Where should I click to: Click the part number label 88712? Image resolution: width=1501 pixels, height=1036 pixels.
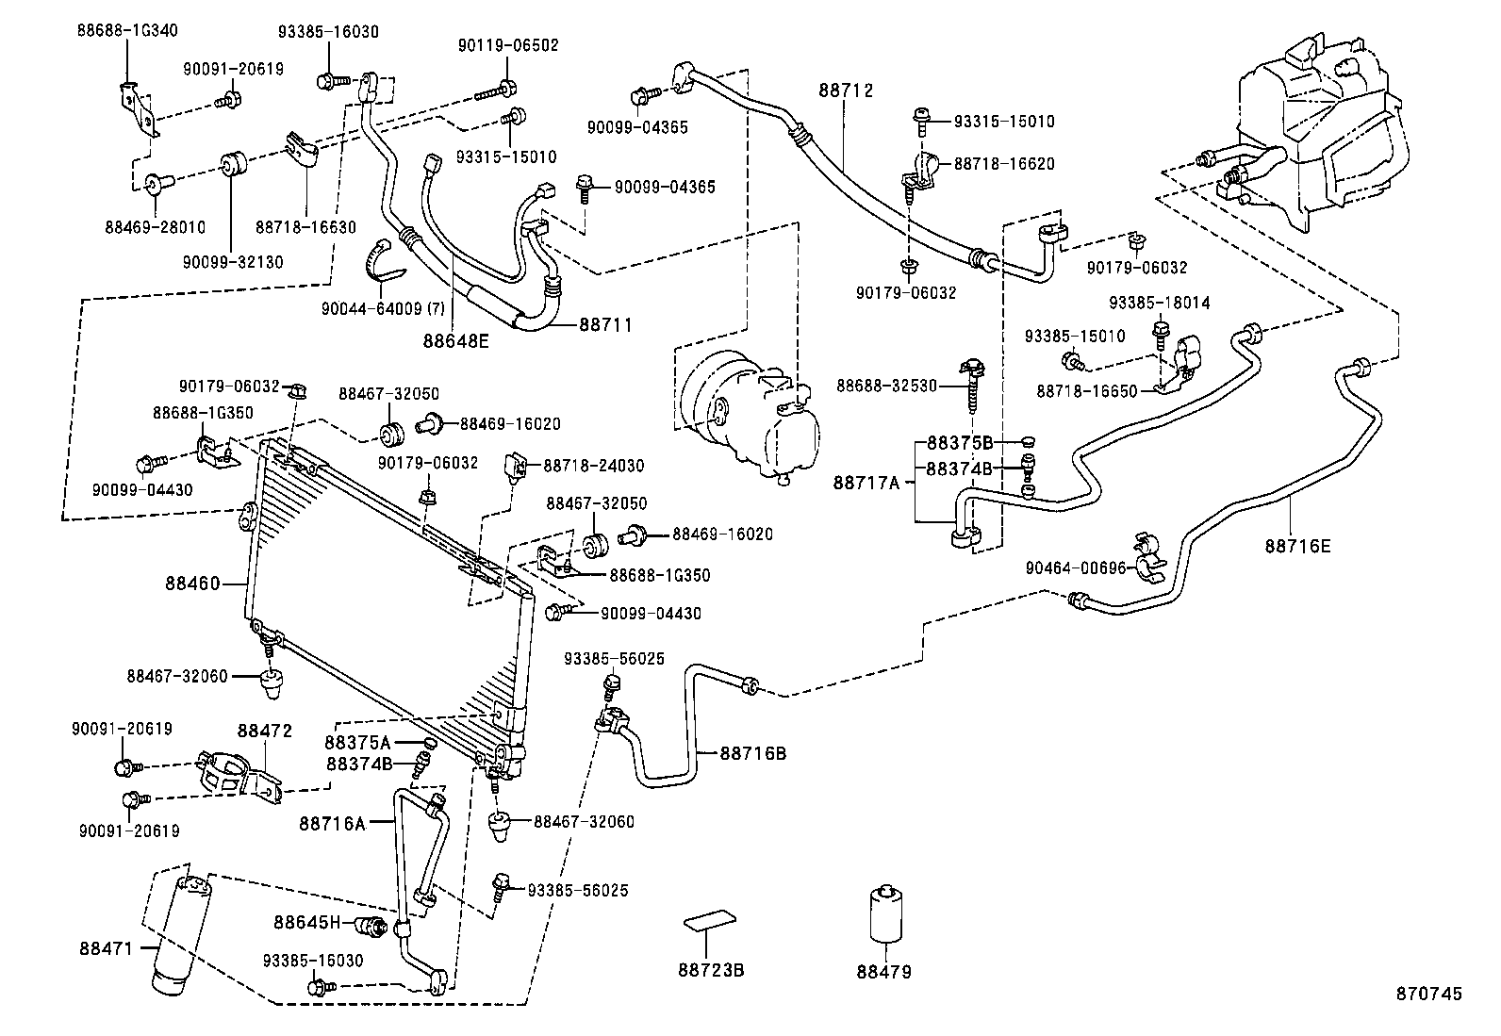click(846, 90)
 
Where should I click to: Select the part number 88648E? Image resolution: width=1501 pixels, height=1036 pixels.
click(455, 340)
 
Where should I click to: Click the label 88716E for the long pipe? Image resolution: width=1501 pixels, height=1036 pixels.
click(1298, 545)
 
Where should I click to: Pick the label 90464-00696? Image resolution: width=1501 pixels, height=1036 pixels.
click(1076, 567)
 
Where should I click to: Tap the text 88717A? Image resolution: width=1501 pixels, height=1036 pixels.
click(866, 483)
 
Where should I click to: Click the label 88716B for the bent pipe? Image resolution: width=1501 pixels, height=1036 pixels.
click(753, 753)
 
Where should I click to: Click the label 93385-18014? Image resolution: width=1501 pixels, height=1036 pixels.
click(1159, 304)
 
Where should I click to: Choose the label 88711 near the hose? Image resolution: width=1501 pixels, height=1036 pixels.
click(604, 324)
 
